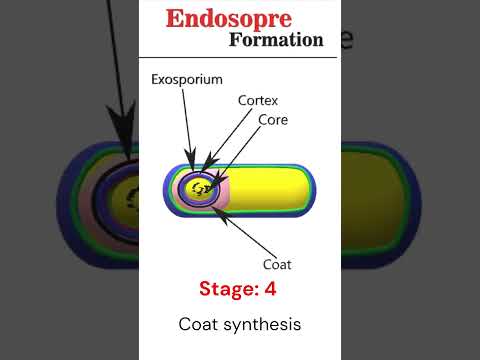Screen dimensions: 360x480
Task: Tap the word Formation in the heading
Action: point(276,40)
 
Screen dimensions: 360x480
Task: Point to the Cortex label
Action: point(258,101)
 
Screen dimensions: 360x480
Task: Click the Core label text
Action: point(274,119)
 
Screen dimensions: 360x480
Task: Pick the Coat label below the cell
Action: point(277,265)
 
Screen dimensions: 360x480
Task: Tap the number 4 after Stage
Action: point(270,290)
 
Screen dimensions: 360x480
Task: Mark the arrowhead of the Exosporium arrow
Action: point(190,165)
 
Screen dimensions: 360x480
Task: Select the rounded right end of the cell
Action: point(310,189)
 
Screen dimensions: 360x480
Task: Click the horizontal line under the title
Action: point(240,57)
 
